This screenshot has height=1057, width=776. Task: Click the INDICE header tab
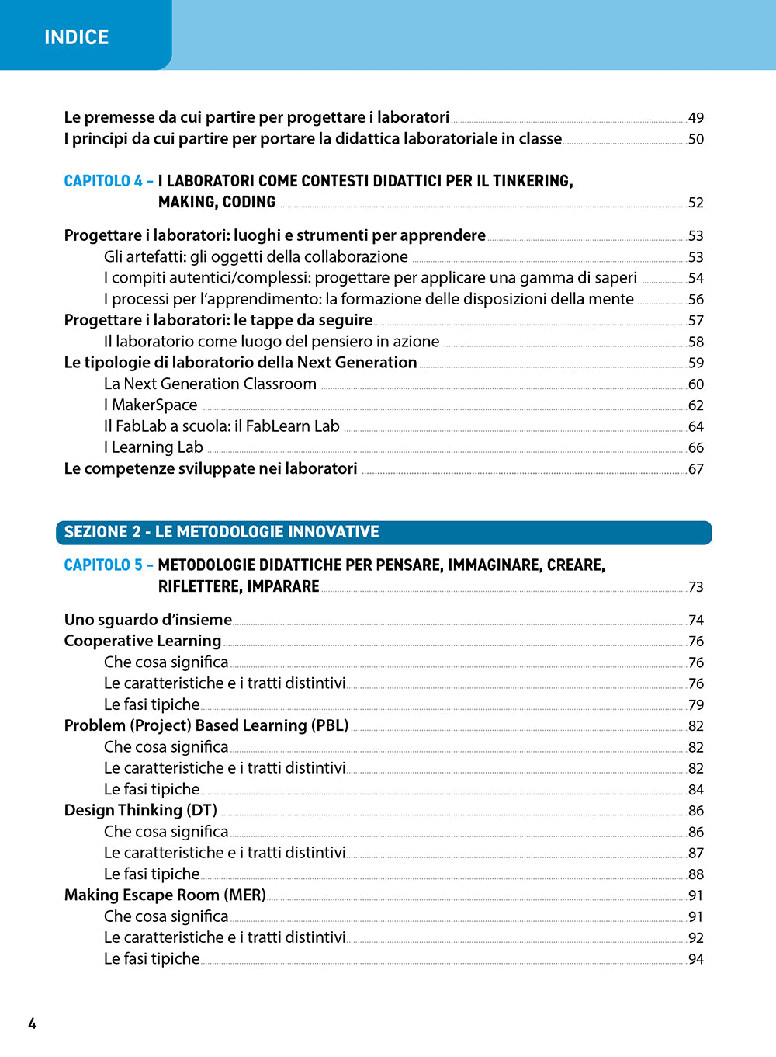[77, 37]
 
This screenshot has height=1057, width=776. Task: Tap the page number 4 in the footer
[32, 1024]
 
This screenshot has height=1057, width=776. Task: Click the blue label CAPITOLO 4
[103, 181]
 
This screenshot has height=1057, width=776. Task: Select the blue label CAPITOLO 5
[103, 565]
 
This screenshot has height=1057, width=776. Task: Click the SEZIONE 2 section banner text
[221, 532]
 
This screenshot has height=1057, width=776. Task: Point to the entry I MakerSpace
[151, 405]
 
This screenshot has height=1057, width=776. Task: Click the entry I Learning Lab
[154, 447]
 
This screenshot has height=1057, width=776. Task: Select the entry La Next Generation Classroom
[210, 384]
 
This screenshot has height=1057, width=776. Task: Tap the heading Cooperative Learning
[143, 641]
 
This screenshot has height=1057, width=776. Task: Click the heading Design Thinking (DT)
[140, 810]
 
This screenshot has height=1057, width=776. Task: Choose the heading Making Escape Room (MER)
[165, 895]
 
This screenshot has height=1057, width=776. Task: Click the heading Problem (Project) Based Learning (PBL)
[206, 725]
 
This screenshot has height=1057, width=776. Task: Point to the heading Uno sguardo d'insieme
[148, 620]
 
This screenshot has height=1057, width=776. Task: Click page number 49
[695, 118]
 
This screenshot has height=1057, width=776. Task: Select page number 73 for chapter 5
[695, 587]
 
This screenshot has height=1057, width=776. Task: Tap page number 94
[695, 959]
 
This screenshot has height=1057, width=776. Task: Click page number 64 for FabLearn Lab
[695, 427]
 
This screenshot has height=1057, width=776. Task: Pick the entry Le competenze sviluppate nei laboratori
[211, 468]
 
